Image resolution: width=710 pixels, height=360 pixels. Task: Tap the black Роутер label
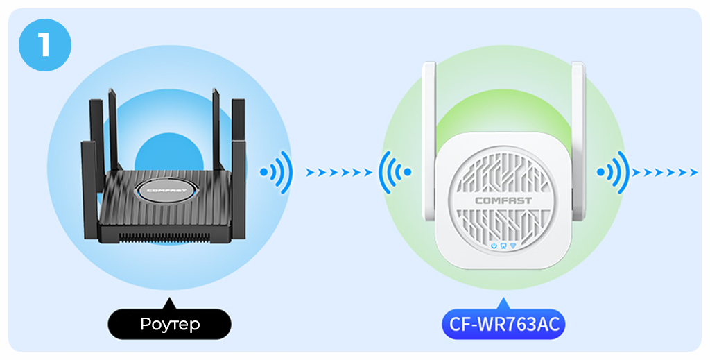coord(169,324)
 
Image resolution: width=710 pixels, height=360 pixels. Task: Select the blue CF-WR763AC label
coord(503,324)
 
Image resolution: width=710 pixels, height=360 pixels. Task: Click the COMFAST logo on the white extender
coord(503,201)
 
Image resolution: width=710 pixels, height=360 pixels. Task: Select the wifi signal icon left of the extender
coord(395,172)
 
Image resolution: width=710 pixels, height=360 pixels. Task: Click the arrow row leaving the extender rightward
coord(665,172)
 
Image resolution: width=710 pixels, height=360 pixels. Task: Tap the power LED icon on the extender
coord(494,246)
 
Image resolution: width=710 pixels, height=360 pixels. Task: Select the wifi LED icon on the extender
coord(513,246)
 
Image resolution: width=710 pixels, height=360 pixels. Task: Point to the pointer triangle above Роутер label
coord(168,303)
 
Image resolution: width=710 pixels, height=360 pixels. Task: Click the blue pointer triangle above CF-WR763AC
coord(503,303)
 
